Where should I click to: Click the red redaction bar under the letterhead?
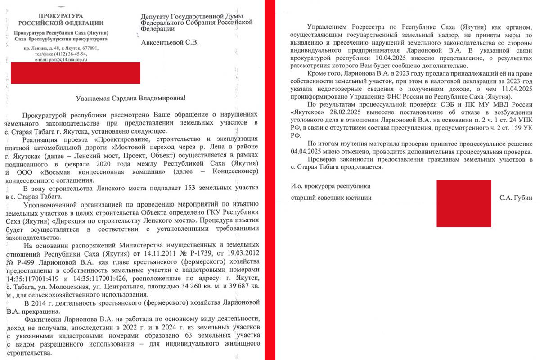pos(75,73)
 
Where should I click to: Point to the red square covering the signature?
pos(464,203)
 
